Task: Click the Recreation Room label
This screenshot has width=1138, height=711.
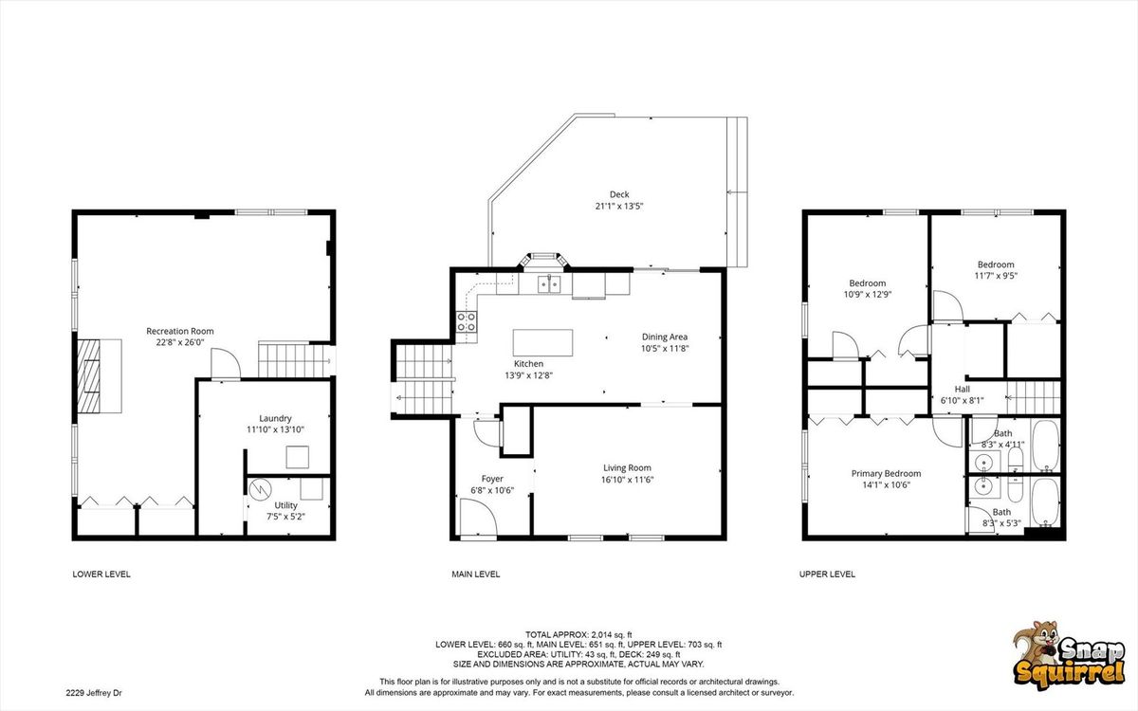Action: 180,331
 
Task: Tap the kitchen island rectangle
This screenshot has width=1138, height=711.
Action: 542,343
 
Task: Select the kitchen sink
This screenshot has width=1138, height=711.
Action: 549,284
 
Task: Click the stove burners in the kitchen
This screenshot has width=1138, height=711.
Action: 467,321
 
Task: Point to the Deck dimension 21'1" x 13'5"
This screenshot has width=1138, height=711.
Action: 619,207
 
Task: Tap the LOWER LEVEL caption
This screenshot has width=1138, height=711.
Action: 101,574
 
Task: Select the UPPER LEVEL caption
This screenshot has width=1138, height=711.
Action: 827,574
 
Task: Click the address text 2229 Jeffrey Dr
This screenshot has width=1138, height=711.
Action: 94,693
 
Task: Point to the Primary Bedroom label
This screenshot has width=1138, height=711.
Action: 886,473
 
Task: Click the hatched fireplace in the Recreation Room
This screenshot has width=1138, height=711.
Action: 89,375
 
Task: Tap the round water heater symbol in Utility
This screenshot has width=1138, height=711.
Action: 261,489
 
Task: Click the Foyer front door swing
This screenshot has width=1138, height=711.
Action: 478,517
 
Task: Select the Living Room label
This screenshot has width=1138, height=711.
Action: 627,467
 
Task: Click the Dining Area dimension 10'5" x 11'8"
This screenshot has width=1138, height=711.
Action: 665,349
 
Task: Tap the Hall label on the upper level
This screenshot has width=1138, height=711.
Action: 963,389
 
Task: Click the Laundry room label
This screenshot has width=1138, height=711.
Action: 275,418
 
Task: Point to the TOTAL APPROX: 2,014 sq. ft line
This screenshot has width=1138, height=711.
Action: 578,634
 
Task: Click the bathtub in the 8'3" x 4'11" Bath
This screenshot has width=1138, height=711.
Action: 1045,446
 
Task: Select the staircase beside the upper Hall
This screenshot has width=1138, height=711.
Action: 1035,397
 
